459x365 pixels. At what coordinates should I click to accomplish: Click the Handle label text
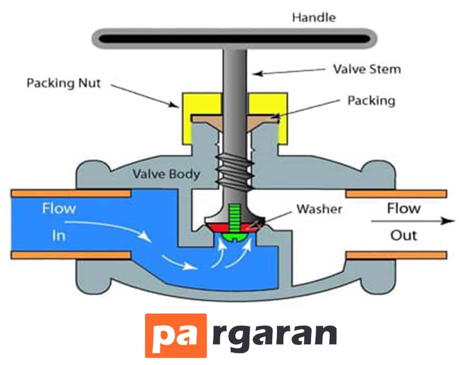(314, 18)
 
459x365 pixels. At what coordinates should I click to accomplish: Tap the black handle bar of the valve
(234, 39)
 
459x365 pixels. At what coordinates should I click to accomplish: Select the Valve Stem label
(367, 69)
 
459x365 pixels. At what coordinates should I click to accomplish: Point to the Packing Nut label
(64, 83)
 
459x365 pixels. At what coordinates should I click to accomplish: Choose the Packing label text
(372, 101)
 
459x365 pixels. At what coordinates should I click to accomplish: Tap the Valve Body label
(166, 174)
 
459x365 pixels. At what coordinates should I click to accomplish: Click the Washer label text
(320, 209)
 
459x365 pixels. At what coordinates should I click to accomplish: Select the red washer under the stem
(234, 227)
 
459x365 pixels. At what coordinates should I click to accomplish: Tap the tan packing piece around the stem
(234, 121)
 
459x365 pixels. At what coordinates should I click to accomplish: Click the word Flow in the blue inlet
(59, 208)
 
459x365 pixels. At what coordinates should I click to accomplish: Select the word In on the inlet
(59, 235)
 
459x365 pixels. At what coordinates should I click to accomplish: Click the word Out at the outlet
(403, 235)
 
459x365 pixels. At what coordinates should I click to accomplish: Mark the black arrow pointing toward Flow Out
(413, 221)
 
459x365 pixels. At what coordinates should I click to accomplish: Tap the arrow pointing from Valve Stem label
(289, 72)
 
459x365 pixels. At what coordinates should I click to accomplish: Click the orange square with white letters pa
(176, 335)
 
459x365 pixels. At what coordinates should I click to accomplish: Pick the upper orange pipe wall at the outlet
(396, 194)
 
